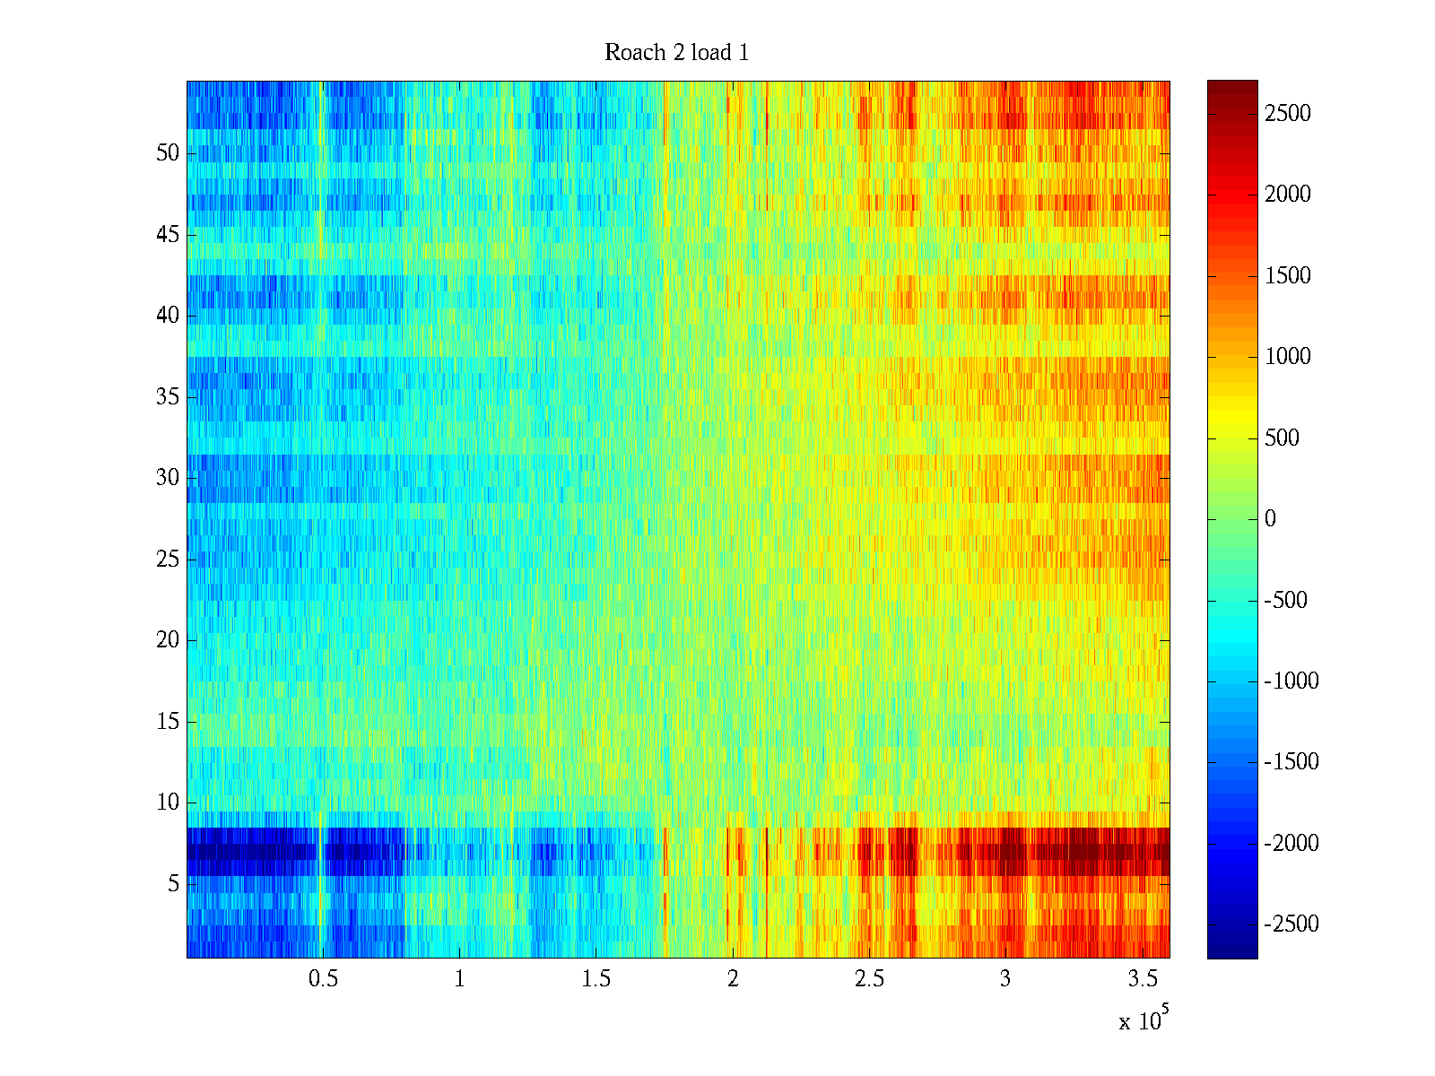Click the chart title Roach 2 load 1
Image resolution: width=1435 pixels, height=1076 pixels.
click(x=676, y=53)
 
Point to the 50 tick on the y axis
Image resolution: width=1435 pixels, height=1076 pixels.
click(x=168, y=153)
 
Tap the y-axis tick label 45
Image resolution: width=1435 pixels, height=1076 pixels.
click(x=168, y=235)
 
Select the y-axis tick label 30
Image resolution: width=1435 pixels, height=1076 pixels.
click(x=168, y=478)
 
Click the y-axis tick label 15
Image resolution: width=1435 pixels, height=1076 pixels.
click(x=168, y=722)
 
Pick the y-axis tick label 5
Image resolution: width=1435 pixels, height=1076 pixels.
click(x=173, y=884)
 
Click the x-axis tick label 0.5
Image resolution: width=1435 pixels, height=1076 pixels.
click(x=323, y=978)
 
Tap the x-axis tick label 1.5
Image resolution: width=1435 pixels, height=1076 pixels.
click(x=596, y=978)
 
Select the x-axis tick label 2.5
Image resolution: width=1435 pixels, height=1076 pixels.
click(x=868, y=978)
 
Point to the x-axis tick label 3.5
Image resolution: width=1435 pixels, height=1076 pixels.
click(x=1142, y=978)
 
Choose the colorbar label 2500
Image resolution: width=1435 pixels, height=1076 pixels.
click(x=1287, y=114)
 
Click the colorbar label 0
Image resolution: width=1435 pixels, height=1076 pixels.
click(x=1270, y=519)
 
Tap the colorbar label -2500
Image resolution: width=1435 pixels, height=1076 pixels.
click(x=1291, y=924)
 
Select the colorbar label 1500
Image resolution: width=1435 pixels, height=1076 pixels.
click(x=1287, y=276)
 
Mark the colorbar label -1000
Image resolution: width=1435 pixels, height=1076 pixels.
click(x=1291, y=681)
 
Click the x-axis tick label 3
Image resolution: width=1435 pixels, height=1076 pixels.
click(x=1004, y=978)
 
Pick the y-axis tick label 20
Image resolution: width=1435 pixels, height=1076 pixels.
click(x=168, y=640)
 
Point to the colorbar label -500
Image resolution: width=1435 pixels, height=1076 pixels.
click(x=1286, y=601)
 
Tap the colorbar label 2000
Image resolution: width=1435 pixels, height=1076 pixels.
click(x=1287, y=195)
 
